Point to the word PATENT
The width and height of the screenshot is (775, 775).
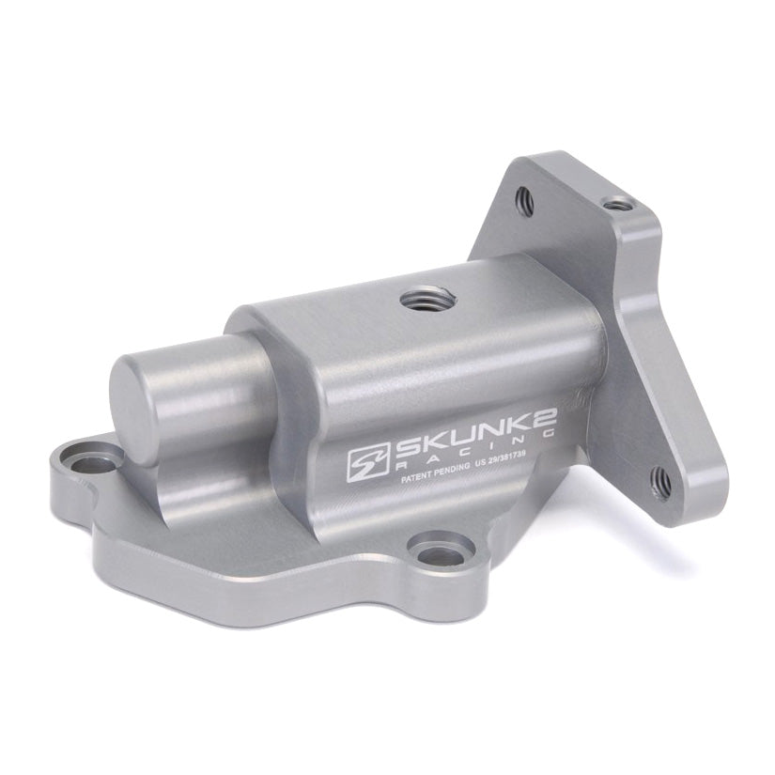421,478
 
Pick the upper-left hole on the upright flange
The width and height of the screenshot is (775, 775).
525,199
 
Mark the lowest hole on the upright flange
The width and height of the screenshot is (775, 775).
661,481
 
